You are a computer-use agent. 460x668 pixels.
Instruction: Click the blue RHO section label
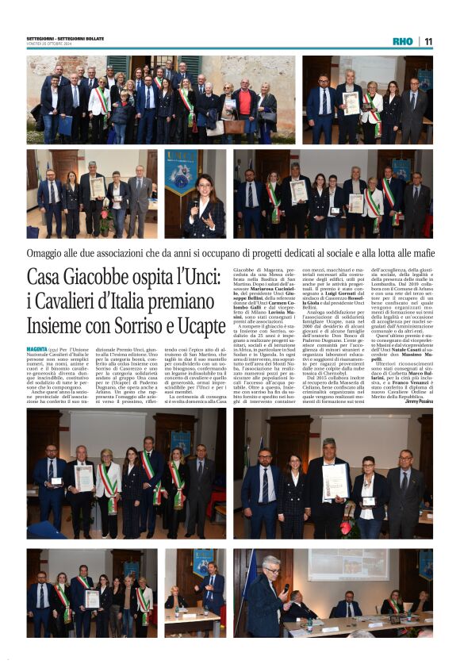(403, 41)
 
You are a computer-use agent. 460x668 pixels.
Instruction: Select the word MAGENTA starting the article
(36, 348)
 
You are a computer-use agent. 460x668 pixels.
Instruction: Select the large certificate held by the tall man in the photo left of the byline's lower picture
(334, 481)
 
